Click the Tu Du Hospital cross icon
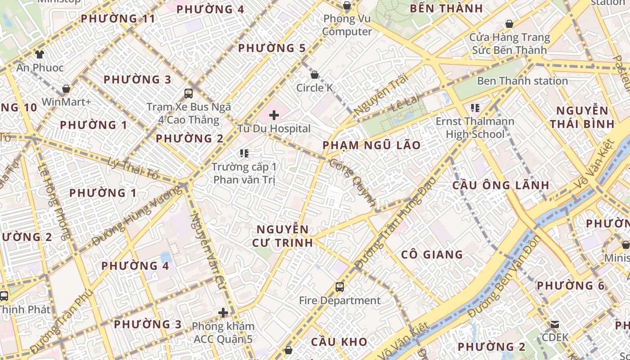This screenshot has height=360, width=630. click(x=274, y=115)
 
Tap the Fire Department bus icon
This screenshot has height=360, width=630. click(x=340, y=287)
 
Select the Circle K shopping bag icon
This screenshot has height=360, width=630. click(x=315, y=75)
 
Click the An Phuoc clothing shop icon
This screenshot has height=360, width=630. click(x=40, y=54)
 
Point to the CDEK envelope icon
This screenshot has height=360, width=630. click(x=555, y=324)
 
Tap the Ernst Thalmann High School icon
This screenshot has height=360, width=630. click(x=475, y=108)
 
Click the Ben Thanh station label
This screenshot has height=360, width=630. click(x=522, y=81)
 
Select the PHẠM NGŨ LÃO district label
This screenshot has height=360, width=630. click(x=372, y=145)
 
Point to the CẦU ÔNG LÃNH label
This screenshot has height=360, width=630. click(x=500, y=185)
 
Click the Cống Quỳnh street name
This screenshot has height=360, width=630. click(x=352, y=182)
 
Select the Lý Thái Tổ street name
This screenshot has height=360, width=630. click(x=133, y=168)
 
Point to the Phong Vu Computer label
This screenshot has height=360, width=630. click(x=347, y=25)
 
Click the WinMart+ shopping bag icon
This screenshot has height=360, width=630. click(x=66, y=89)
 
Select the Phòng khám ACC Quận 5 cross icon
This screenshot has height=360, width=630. click(x=223, y=313)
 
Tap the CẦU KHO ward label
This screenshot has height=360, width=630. click(x=339, y=342)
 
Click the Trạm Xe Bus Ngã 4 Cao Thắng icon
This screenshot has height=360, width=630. click(x=189, y=94)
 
